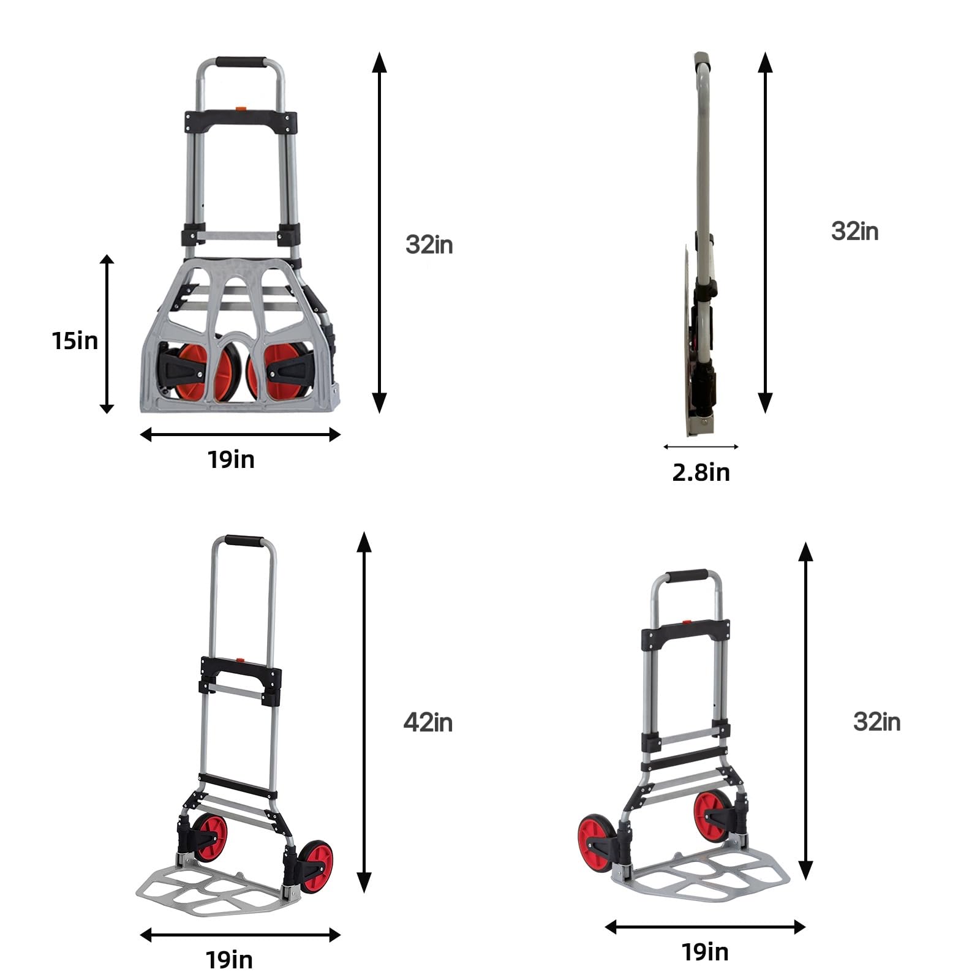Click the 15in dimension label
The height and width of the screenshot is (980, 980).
(75, 341)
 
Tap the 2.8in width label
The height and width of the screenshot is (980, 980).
(701, 472)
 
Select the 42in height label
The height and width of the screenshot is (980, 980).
(428, 723)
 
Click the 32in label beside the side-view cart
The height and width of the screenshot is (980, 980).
(854, 232)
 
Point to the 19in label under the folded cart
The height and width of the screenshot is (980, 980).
(230, 459)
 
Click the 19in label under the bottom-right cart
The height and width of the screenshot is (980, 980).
(705, 952)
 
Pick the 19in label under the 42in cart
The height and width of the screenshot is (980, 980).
(229, 960)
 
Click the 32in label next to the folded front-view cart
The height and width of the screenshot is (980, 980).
(429, 244)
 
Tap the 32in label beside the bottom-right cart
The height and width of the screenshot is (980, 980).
(876, 722)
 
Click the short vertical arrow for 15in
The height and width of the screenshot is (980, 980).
(107, 334)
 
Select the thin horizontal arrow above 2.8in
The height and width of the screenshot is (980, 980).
(701, 447)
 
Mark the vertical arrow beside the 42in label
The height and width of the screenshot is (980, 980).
(364, 712)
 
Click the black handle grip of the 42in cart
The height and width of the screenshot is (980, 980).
(244, 541)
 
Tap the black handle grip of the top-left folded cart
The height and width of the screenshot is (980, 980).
(240, 62)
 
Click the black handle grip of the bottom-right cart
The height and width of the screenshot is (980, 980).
(686, 576)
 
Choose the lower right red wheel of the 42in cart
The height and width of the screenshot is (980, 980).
(317, 867)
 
